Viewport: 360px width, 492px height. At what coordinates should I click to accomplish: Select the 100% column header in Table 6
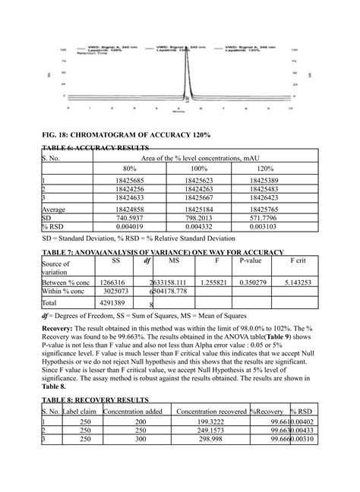coord(200,168)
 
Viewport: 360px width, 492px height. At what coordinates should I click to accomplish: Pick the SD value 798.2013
coord(200,217)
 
